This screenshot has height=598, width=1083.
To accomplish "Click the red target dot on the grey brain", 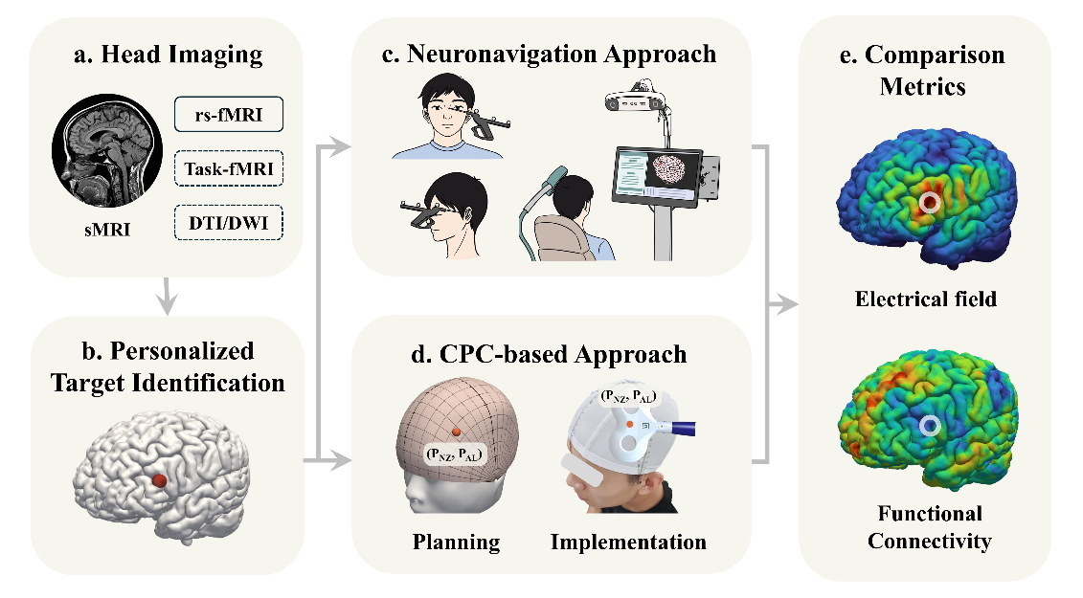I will coord(161,479).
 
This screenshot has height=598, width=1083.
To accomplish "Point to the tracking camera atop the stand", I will coord(635,100).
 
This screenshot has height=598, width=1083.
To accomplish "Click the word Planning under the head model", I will coord(456,543).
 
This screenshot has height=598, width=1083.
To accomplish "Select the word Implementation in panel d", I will coord(628,543).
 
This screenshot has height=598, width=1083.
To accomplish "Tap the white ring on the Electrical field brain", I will coord(926,204).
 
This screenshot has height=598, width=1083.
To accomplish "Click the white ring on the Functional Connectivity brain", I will coord(927,426).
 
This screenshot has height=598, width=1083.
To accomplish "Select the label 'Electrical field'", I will coord(925,299).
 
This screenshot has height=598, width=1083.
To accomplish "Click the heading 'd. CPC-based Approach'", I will coord(549,353).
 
